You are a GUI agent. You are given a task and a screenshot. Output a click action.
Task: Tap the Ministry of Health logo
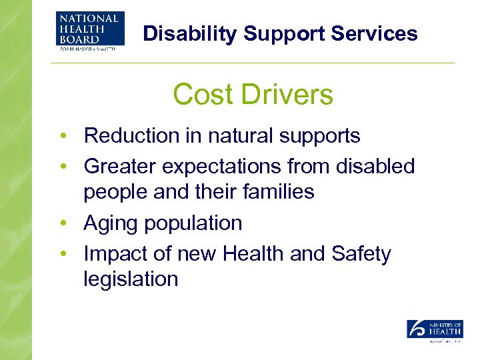435,331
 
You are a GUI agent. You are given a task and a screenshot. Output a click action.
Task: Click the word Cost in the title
202,95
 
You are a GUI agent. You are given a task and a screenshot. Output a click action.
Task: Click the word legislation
131,279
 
